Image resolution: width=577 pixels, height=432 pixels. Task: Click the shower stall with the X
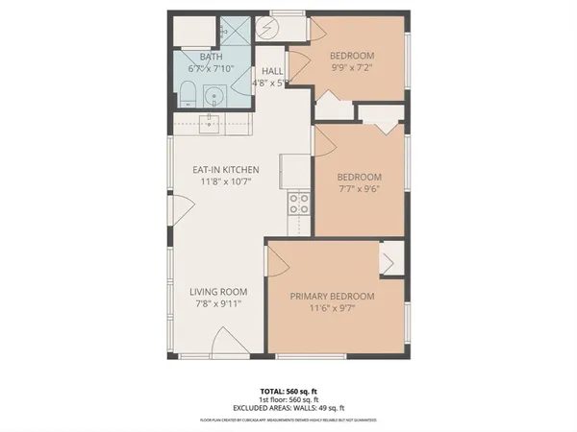point(233,32)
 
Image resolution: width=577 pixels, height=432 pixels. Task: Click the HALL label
point(272,70)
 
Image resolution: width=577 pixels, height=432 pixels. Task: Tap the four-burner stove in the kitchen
point(299,204)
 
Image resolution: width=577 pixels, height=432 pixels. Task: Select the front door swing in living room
point(223,341)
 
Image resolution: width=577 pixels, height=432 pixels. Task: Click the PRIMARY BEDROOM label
point(333,297)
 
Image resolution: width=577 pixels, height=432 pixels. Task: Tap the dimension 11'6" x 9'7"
point(333,309)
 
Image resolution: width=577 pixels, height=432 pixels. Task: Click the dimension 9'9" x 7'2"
point(352,68)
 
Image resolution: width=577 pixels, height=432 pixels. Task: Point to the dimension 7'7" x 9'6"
point(359,190)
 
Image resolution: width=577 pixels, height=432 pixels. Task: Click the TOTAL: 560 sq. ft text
point(288,392)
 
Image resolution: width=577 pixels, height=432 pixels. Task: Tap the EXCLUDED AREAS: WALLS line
point(288,410)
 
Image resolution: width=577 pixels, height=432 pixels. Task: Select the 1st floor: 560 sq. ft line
point(288,401)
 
